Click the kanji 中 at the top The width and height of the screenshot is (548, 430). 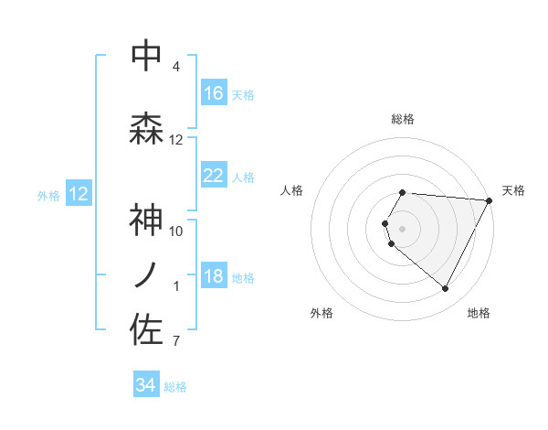(x=147, y=56)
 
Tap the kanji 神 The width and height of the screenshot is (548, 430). (x=147, y=221)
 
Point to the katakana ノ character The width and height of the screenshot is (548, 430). (x=146, y=275)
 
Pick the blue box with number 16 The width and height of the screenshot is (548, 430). (x=214, y=93)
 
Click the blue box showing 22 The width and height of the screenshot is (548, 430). (x=214, y=176)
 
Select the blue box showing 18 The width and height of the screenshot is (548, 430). (x=214, y=277)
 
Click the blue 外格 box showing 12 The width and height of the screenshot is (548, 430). (x=79, y=194)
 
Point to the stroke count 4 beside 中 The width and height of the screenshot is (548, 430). (x=176, y=67)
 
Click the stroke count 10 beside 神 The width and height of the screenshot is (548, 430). (x=176, y=231)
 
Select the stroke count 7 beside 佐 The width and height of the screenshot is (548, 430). (x=175, y=341)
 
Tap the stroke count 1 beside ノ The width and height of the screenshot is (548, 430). (x=176, y=286)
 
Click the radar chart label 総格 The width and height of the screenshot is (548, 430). (x=403, y=119)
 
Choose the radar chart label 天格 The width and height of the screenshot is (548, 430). (x=513, y=190)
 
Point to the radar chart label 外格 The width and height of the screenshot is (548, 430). (x=321, y=313)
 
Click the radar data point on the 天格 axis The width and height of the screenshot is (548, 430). (x=490, y=200)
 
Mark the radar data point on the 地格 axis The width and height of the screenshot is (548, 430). (x=446, y=288)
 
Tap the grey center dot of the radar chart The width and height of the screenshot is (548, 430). (x=403, y=228)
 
